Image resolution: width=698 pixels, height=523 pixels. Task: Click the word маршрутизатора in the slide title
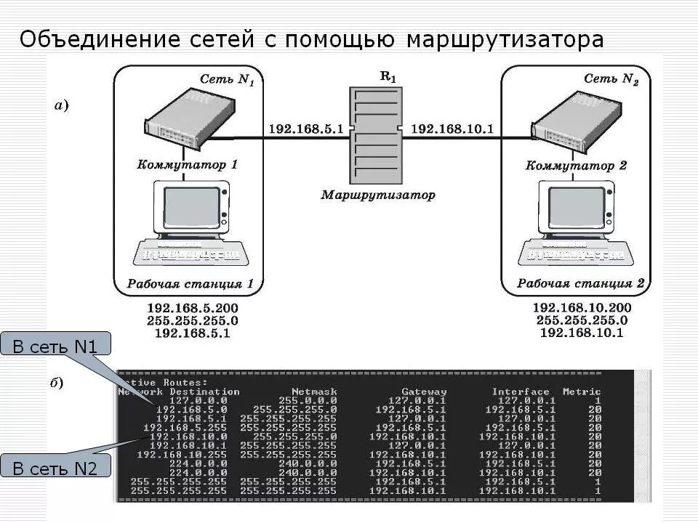click(x=505, y=39)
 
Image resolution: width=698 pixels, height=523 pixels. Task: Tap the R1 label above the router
click(x=388, y=77)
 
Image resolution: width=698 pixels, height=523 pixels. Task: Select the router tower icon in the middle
click(x=375, y=136)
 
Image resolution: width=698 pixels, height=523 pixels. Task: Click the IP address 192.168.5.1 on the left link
click(x=305, y=129)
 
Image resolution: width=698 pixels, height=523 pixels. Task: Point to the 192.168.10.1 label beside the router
click(x=452, y=129)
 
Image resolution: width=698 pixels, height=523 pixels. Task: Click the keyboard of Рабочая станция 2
click(x=574, y=254)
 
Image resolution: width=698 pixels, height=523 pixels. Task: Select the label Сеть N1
click(x=227, y=79)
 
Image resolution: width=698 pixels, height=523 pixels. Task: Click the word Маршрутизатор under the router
click(x=379, y=195)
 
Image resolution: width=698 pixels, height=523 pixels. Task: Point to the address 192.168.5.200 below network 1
click(x=193, y=307)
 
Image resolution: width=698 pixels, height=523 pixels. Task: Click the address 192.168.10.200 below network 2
click(x=582, y=307)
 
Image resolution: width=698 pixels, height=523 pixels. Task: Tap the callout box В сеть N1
click(x=55, y=346)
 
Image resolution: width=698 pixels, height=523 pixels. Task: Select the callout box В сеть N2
click(x=55, y=468)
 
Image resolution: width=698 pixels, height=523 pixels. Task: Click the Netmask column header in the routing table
click(x=314, y=392)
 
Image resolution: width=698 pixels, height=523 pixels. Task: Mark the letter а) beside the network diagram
click(x=62, y=107)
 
